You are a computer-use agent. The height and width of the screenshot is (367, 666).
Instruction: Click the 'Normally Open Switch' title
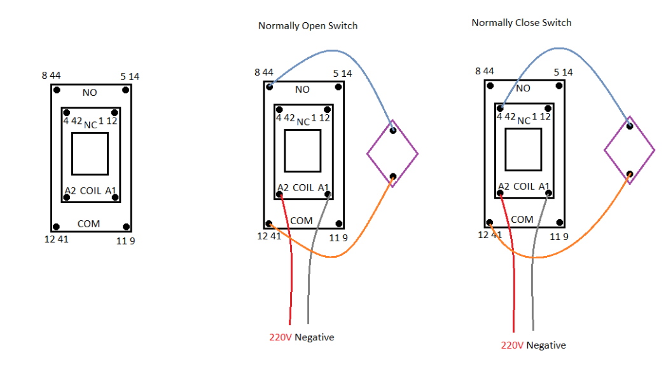pyautogui.click(x=308, y=26)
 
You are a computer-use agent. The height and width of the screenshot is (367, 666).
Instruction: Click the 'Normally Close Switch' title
pyautogui.click(x=521, y=23)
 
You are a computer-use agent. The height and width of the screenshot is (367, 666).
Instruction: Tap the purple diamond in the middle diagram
pyautogui.click(x=392, y=153)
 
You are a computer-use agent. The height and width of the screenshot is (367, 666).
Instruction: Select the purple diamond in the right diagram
pyautogui.click(x=629, y=150)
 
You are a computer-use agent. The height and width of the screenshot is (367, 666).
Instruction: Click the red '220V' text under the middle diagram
pyautogui.click(x=280, y=337)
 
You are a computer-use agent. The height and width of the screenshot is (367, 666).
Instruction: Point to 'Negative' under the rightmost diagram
pyautogui.click(x=546, y=345)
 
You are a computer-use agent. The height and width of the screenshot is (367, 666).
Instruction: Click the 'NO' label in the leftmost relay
pyautogui.click(x=90, y=93)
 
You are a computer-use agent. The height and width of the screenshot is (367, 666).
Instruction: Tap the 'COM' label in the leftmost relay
pyautogui.click(x=88, y=224)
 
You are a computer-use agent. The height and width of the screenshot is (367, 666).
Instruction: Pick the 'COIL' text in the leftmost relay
pyautogui.click(x=90, y=190)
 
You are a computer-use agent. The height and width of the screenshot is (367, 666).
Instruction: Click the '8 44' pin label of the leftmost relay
pyautogui.click(x=51, y=76)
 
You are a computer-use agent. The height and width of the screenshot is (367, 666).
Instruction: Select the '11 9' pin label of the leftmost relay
pyautogui.click(x=126, y=241)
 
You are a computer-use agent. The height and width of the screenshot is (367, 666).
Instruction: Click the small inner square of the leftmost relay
pyautogui.click(x=90, y=154)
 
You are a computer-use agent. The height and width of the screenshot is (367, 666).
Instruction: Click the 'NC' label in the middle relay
pyautogui.click(x=303, y=122)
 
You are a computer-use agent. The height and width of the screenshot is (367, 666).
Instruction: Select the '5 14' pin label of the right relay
pyautogui.click(x=563, y=72)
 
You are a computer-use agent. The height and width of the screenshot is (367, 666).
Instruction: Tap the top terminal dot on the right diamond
pyautogui.click(x=629, y=126)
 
